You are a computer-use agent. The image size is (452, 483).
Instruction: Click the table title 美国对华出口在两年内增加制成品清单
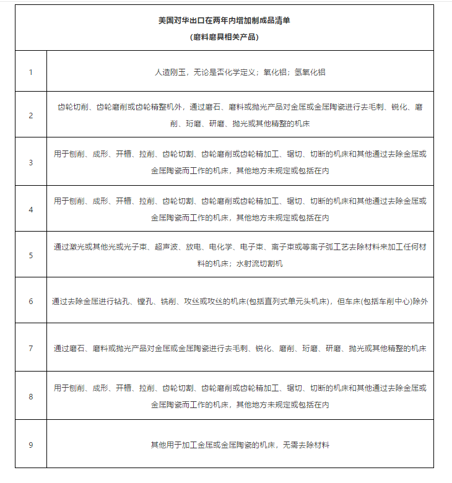[224, 20]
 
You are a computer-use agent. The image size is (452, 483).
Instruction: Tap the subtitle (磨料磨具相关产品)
[224, 37]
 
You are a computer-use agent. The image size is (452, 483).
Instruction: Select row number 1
[31, 72]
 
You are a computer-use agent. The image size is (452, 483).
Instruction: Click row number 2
[31, 115]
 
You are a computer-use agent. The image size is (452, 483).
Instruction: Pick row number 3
[31, 162]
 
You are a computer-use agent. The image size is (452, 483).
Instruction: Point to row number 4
[31, 209]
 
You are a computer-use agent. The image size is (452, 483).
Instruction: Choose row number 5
[31, 255]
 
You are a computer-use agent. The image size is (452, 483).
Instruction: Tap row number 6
[31, 302]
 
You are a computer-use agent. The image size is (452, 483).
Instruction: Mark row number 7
[31, 348]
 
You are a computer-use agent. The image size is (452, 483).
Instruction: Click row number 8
[31, 396]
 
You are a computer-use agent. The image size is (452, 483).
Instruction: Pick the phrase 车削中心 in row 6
[398, 302]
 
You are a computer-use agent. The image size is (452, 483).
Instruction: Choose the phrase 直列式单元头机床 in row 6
[287, 302]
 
